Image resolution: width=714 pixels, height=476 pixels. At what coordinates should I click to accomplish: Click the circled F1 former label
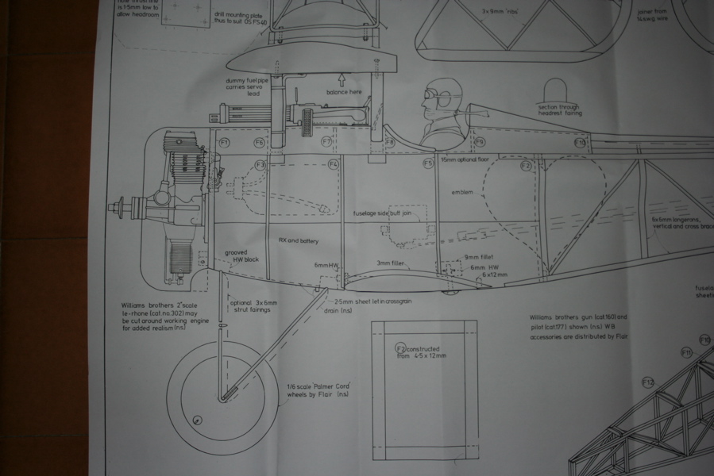point(225,143)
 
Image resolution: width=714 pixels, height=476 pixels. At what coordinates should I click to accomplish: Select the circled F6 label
point(259,143)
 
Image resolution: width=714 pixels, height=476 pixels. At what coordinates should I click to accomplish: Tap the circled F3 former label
point(260,165)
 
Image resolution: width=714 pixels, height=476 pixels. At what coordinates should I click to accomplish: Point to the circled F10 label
point(580,143)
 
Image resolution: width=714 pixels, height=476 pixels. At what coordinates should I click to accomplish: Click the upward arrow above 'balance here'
point(341,79)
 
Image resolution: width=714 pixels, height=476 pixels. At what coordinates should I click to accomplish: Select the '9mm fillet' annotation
point(479,258)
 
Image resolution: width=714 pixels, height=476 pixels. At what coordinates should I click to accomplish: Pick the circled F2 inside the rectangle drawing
point(400,348)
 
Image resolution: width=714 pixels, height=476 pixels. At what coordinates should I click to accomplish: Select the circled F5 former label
point(428,163)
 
